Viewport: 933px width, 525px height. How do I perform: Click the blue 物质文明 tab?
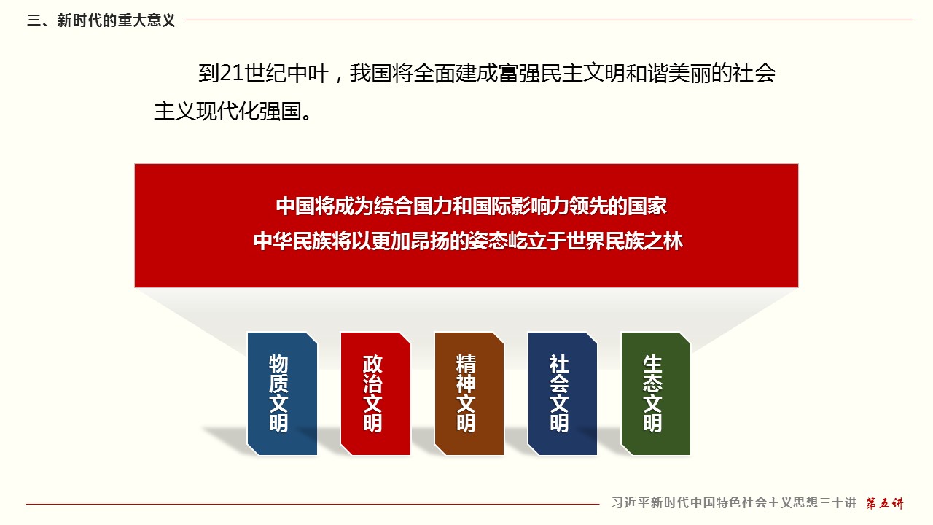pos(282,393)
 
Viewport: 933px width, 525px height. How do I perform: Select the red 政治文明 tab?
pos(375,393)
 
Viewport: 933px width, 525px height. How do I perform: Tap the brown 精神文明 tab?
pos(469,393)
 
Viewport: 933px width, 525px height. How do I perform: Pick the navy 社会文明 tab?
pos(562,393)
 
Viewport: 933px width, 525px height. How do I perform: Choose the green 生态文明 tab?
pos(655,393)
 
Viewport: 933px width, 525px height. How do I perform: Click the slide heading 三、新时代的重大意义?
pos(101,20)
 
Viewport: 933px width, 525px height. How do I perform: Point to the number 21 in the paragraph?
pos(231,74)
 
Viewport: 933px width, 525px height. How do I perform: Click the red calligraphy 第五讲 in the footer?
pos(885,503)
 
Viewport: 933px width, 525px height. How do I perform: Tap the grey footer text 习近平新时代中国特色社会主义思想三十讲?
pos(734,503)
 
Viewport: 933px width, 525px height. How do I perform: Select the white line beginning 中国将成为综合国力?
pos(471,206)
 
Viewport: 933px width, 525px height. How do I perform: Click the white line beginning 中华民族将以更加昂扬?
pos(468,241)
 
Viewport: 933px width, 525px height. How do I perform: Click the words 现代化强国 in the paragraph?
pos(249,112)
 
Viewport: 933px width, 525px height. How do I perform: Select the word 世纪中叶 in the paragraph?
pos(286,74)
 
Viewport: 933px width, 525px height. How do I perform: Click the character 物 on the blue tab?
pos(278,364)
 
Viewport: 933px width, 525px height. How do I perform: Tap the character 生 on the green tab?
pos(652,364)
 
